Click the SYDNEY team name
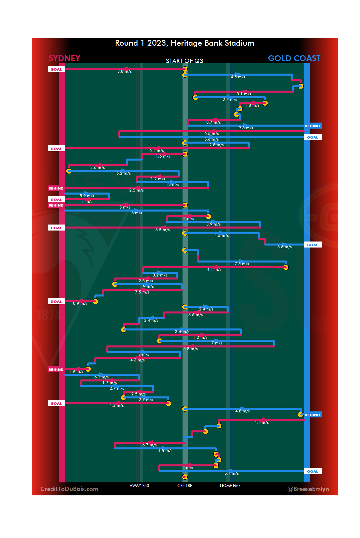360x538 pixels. click(64, 58)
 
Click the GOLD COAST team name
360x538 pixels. click(294, 58)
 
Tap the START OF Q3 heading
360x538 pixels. click(184, 61)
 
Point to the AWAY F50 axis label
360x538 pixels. click(139, 486)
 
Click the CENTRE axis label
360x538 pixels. click(185, 486)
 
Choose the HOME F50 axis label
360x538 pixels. click(230, 486)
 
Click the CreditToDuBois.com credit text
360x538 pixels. click(69, 489)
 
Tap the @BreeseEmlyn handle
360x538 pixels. click(308, 489)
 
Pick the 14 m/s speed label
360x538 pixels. click(187, 219)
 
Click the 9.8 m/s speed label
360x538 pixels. click(246, 128)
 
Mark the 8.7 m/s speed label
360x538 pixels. click(213, 122)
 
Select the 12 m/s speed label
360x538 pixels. click(173, 185)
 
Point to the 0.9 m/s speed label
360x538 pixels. click(80, 303)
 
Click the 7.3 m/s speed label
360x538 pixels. click(242, 264)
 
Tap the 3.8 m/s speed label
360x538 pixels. click(124, 71)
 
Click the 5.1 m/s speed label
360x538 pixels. click(231, 473)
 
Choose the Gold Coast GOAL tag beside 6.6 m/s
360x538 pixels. click(313, 245)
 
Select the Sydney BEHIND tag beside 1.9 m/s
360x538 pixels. click(56, 369)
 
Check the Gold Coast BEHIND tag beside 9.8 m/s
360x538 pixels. click(313, 126)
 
